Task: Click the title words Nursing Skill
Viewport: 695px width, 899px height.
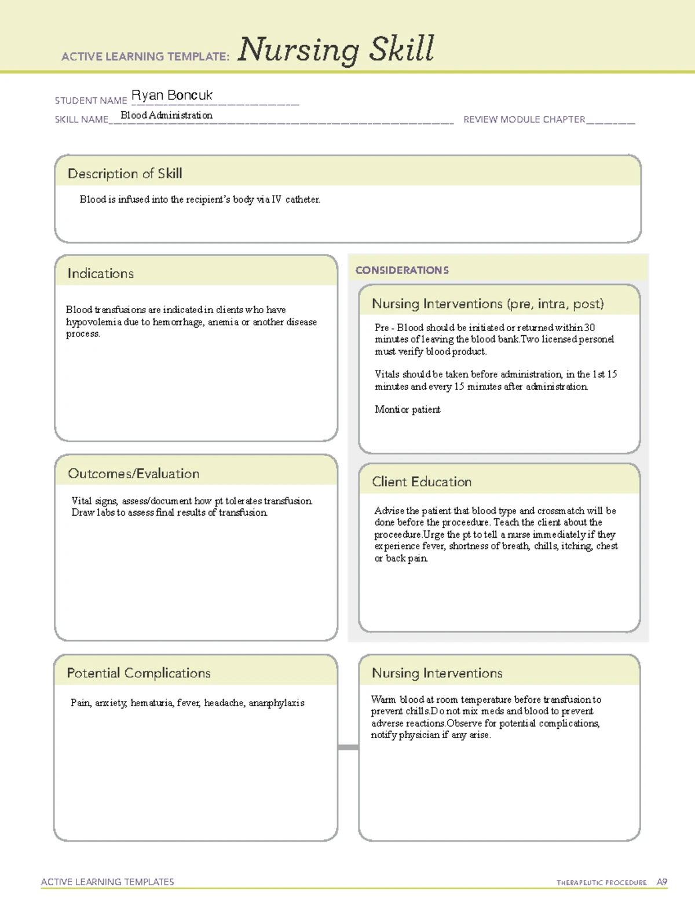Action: click(x=335, y=50)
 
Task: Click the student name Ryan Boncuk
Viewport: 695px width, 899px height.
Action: click(x=172, y=95)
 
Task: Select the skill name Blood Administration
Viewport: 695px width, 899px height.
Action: click(x=166, y=115)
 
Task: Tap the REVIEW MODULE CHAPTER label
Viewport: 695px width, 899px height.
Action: click(x=524, y=119)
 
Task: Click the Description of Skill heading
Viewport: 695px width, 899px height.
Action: click(x=125, y=174)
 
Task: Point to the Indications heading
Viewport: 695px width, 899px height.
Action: click(x=100, y=273)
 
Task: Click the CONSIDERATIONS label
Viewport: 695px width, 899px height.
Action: click(x=402, y=270)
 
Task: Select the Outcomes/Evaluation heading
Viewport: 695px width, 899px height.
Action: click(x=133, y=474)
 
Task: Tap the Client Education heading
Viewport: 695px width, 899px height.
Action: click(x=422, y=482)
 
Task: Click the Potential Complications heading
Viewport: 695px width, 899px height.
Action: click(x=138, y=673)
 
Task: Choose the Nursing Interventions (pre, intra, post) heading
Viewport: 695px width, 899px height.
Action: click(x=488, y=304)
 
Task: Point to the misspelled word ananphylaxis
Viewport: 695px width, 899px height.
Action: click(x=276, y=703)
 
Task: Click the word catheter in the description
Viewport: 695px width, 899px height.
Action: click(x=302, y=199)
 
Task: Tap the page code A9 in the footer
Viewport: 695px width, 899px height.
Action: click(x=661, y=882)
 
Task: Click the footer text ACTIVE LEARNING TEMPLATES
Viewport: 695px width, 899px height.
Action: click(x=107, y=882)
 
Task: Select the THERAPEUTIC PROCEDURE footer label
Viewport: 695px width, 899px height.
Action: click(x=601, y=883)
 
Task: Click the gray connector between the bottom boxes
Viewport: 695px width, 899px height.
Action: click(x=348, y=747)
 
